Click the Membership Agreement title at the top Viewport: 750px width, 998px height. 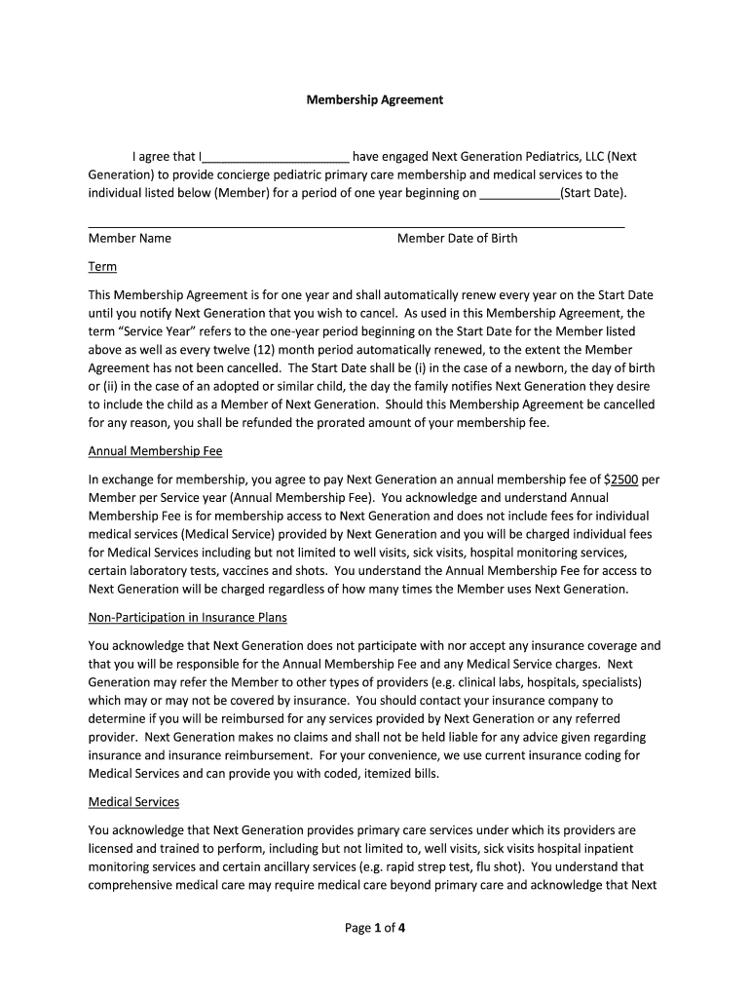click(x=375, y=99)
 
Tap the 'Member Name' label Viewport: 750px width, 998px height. click(x=130, y=239)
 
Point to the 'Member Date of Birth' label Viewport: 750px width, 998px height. click(x=457, y=239)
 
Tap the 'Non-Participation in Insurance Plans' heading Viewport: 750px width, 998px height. click(x=187, y=618)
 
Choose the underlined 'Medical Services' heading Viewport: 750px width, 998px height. click(x=133, y=802)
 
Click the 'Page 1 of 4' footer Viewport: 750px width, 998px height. click(x=375, y=928)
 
